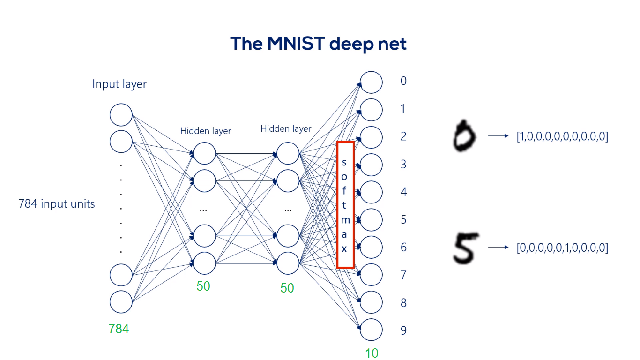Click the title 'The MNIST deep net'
point(318,44)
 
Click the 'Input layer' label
point(119,84)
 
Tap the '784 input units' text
point(57,204)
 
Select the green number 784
point(119,329)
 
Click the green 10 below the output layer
point(372,353)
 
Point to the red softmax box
point(345,204)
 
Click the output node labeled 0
point(371,82)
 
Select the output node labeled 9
point(371,330)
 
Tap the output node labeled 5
point(371,220)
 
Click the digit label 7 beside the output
point(403,275)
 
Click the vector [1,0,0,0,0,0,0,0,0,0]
point(562,136)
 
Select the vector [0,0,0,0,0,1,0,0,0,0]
point(562,248)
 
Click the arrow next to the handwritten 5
point(498,247)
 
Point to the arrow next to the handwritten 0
point(498,135)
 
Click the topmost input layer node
point(121,115)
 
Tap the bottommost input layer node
point(121,302)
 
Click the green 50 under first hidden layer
point(203,286)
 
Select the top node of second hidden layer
point(288,153)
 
